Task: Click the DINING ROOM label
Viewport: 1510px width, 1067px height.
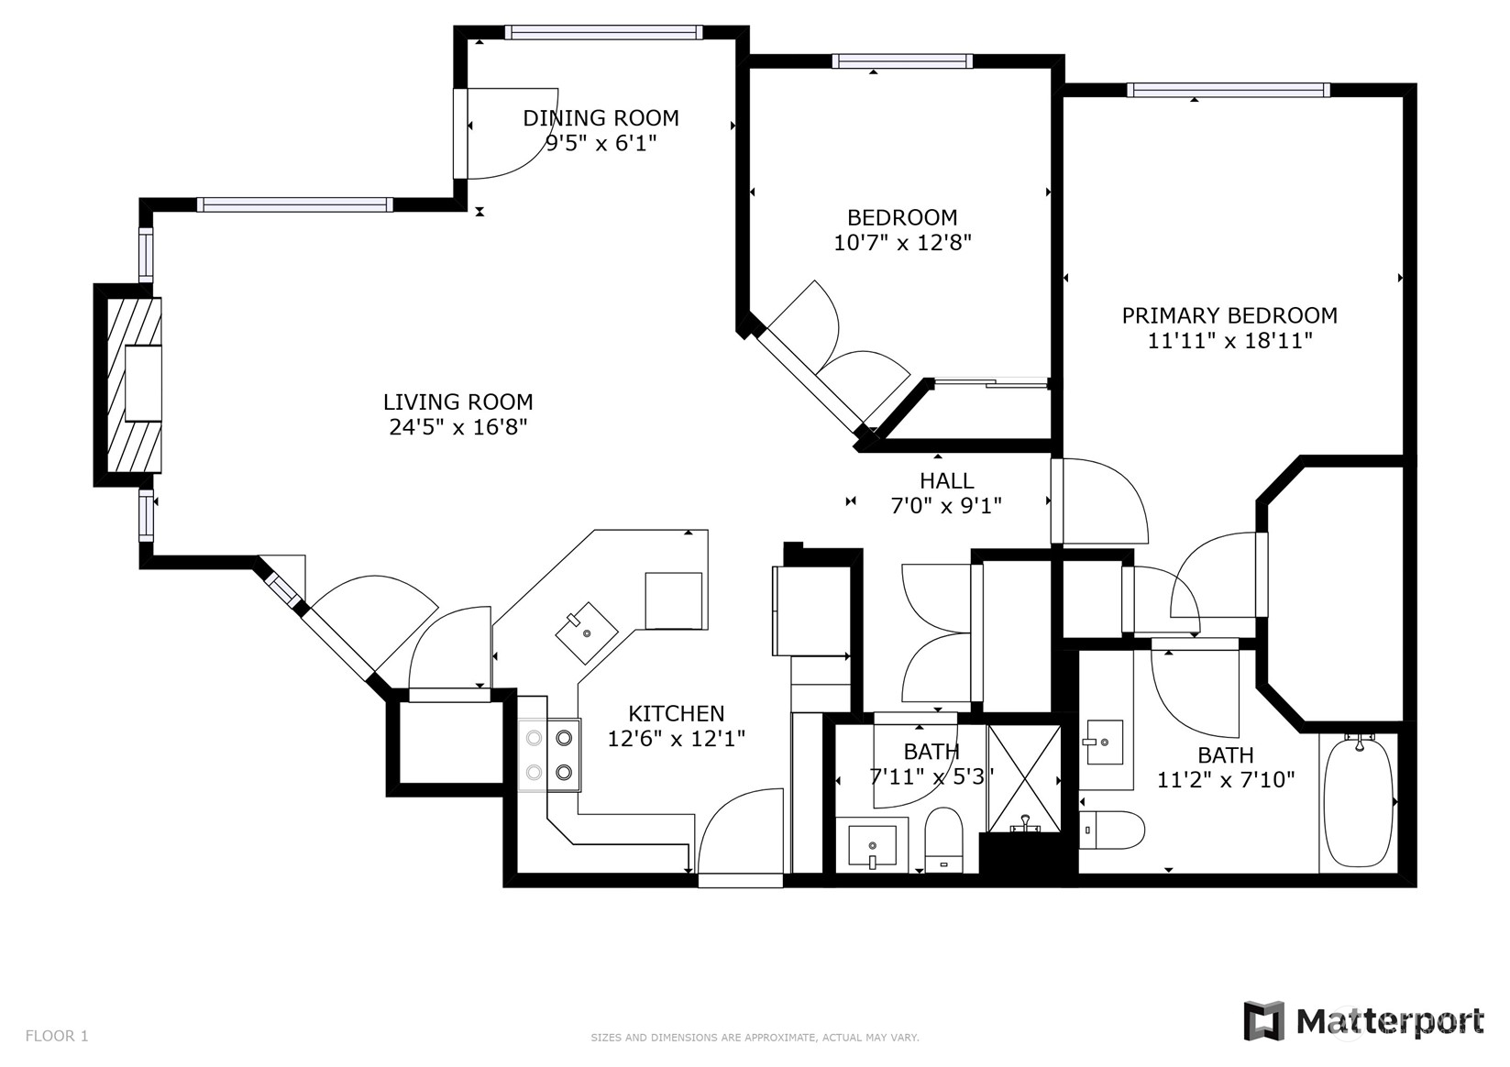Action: tap(601, 118)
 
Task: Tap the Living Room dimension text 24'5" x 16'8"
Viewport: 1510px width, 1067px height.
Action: tap(457, 427)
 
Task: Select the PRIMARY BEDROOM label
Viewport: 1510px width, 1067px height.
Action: tap(1229, 315)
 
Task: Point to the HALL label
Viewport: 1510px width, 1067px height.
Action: tap(946, 480)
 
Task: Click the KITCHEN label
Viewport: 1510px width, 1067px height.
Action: tap(676, 713)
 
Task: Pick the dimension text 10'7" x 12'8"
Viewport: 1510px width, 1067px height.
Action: tap(903, 243)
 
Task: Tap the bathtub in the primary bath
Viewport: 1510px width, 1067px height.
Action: tap(1359, 801)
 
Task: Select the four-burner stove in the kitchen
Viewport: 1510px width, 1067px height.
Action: tap(549, 755)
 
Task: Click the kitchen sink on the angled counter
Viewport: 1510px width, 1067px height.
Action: tap(587, 632)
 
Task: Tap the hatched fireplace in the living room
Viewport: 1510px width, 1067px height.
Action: tap(134, 385)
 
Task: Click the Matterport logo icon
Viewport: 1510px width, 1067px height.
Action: tap(1264, 1021)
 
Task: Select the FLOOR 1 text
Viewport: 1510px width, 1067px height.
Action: tap(57, 1036)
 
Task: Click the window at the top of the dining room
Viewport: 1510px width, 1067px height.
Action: tap(604, 32)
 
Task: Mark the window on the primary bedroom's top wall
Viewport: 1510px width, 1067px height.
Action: tap(1229, 91)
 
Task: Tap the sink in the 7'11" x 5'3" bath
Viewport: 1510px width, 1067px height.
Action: tap(872, 845)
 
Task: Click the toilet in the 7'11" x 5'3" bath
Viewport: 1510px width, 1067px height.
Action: tap(943, 841)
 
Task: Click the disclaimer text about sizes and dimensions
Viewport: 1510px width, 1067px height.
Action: tap(755, 1038)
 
